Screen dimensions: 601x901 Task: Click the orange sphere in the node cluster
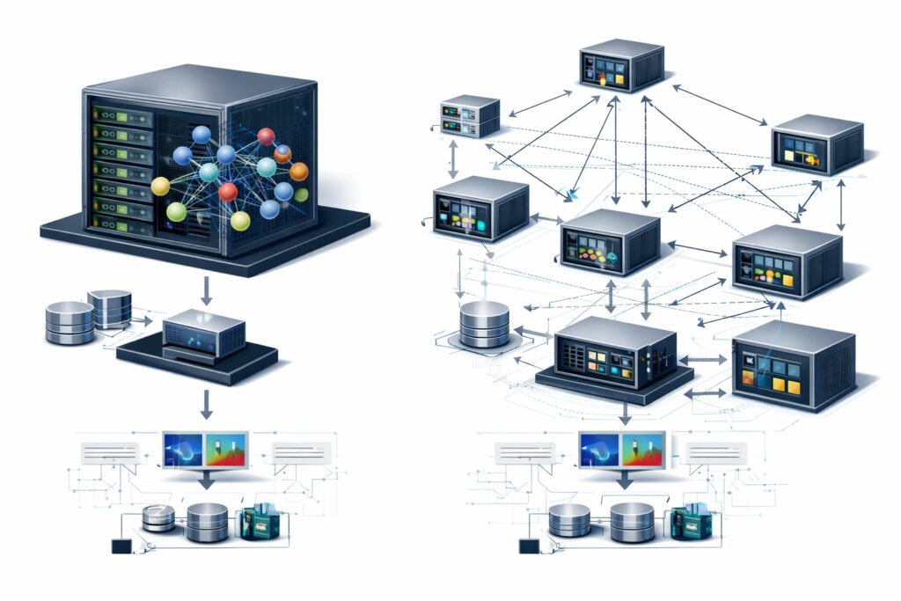(299, 171)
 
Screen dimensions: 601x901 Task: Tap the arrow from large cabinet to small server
(206, 290)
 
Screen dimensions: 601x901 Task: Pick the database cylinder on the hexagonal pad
(484, 324)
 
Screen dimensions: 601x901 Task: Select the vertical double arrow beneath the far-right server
(841, 202)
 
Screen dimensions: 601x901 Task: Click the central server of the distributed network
(610, 242)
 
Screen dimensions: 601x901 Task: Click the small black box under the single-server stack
(121, 546)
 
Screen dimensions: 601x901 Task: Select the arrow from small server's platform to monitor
(206, 403)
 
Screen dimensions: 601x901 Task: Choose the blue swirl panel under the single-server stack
(184, 450)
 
